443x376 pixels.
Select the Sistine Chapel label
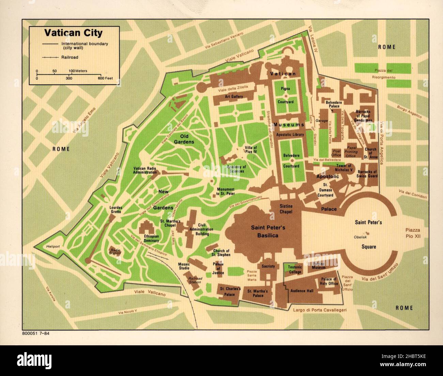(x=286, y=209)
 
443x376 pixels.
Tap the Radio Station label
(x=115, y=251)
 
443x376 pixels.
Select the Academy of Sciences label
(x=236, y=169)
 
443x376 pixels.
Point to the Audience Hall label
(x=302, y=291)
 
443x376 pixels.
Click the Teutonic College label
(x=295, y=270)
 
